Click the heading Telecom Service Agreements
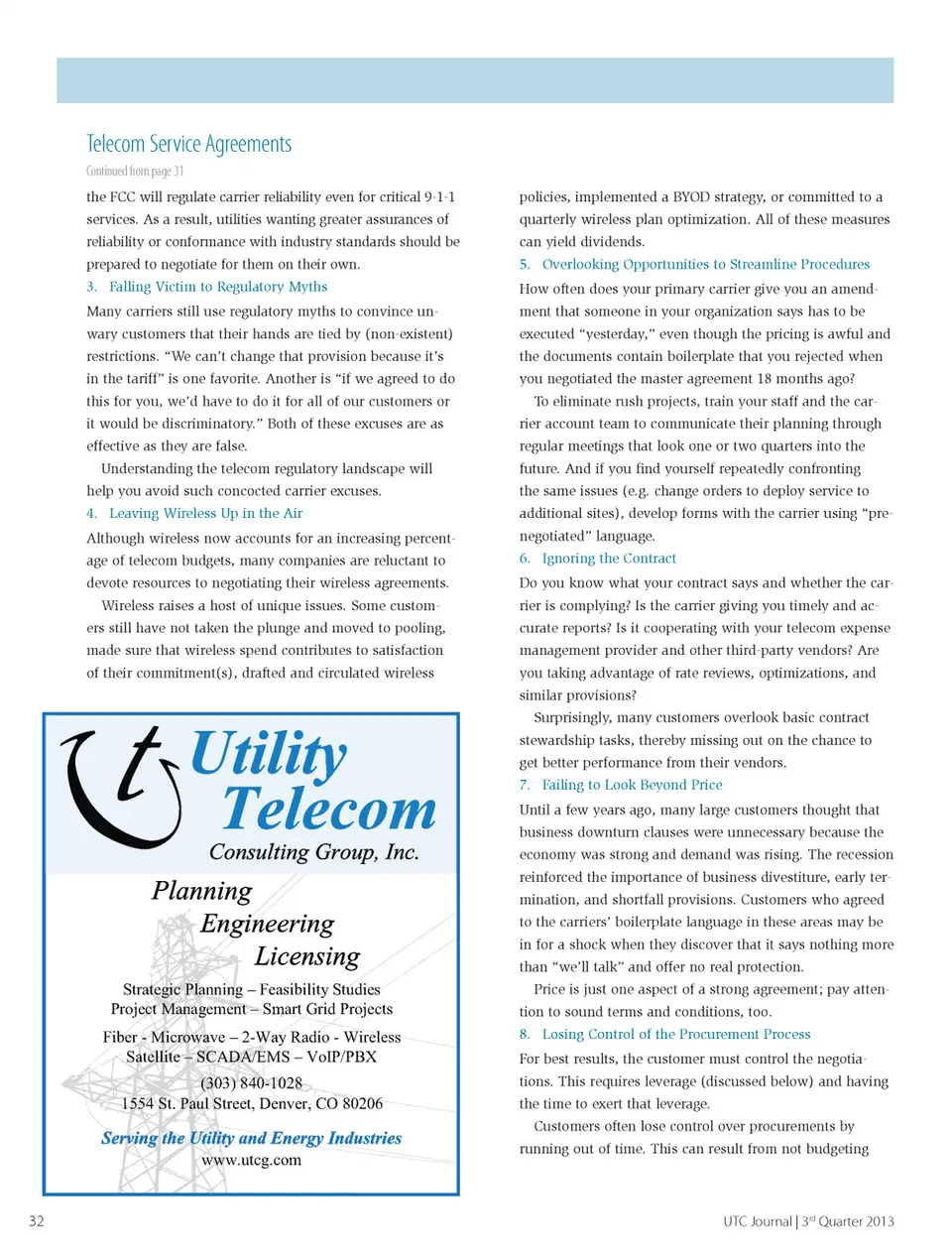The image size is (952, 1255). [188, 145]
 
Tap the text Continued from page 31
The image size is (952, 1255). [134, 171]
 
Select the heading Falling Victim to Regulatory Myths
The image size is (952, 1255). [217, 287]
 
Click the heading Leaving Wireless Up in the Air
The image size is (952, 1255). [205, 513]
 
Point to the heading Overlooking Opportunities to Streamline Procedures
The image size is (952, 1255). [705, 264]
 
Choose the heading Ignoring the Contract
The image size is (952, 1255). [609, 559]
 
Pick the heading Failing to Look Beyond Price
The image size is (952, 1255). [632, 785]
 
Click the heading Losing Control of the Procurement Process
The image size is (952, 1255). [675, 1034]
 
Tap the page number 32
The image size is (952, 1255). [37, 1221]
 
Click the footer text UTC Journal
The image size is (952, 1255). [757, 1221]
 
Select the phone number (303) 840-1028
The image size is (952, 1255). [251, 1082]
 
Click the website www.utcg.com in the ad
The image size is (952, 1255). [251, 1160]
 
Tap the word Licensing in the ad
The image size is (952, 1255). [307, 956]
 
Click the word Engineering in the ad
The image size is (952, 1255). [268, 924]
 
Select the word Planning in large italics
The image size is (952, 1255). [202, 891]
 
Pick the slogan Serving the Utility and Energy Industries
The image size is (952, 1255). [251, 1138]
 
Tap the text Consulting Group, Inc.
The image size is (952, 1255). [313, 852]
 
